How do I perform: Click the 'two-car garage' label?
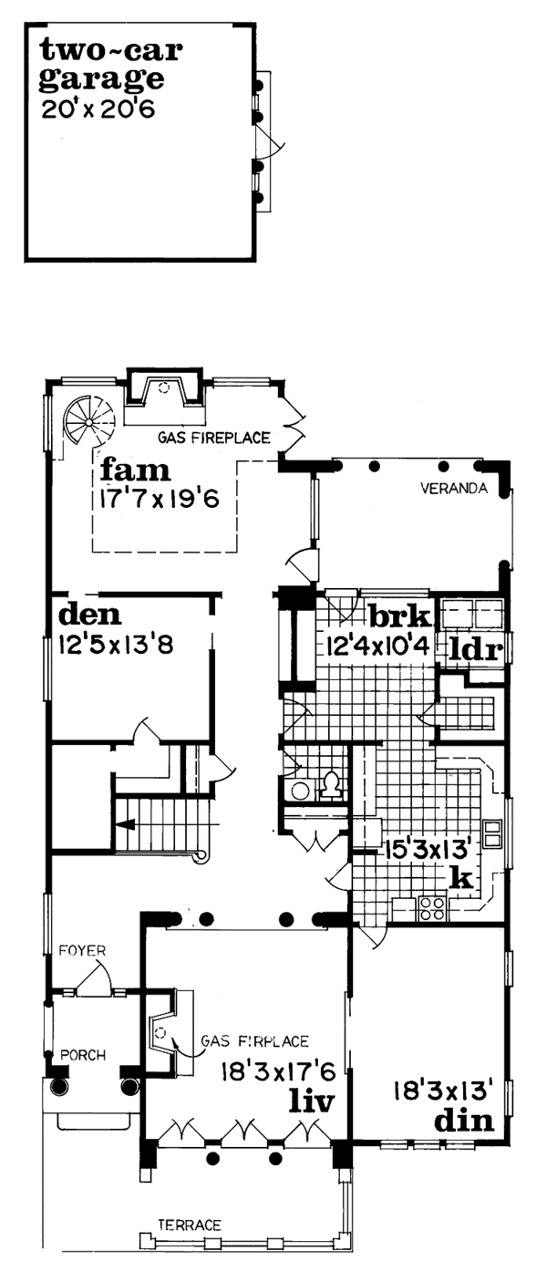(102, 65)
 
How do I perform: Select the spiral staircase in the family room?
(89, 420)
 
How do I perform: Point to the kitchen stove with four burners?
(431, 906)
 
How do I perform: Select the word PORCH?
(84, 1055)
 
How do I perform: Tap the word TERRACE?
(189, 1225)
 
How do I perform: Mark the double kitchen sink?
(492, 833)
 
